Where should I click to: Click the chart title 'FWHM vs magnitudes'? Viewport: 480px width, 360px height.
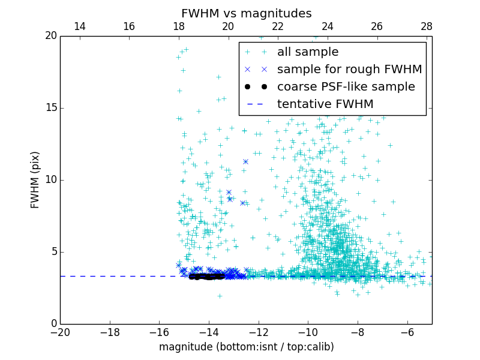click(x=246, y=13)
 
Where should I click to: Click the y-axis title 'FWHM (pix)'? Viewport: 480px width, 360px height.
click(x=35, y=180)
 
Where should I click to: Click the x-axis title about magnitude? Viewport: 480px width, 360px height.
click(x=246, y=347)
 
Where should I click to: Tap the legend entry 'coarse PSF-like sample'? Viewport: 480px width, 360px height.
click(x=346, y=87)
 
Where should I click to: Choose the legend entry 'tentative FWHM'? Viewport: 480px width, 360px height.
click(x=325, y=104)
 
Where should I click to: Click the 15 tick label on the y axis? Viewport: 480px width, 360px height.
click(x=50, y=108)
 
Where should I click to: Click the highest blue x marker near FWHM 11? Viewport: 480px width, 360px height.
click(x=245, y=161)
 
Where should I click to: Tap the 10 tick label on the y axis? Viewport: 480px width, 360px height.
click(x=50, y=180)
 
